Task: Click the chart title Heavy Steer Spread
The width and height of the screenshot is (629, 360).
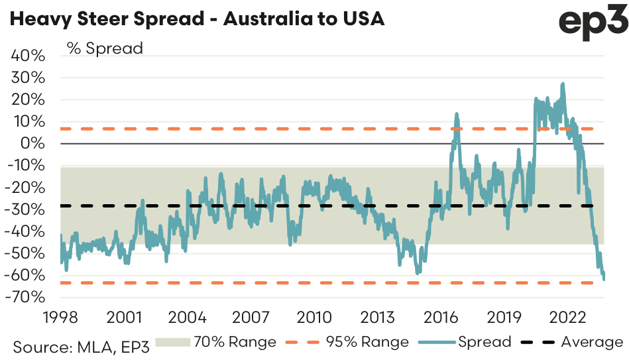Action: click(x=197, y=19)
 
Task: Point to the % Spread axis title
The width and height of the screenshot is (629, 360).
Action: click(x=104, y=48)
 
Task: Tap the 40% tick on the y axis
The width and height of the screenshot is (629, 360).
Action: click(x=29, y=56)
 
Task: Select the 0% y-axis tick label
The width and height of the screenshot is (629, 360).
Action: click(x=34, y=143)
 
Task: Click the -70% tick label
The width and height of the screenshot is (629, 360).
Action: click(x=26, y=296)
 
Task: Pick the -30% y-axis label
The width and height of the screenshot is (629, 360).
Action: click(x=26, y=209)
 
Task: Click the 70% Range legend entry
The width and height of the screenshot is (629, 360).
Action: click(x=215, y=342)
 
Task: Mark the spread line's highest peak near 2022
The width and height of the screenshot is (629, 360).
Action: click(x=563, y=84)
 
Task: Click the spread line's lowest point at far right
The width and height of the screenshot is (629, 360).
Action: click(x=604, y=279)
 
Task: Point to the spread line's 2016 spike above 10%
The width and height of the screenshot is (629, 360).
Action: click(x=457, y=114)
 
